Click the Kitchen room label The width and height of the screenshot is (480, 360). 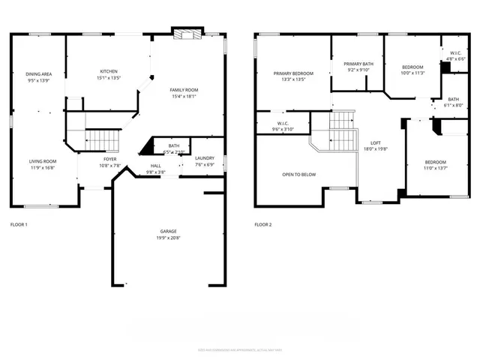click(x=109, y=72)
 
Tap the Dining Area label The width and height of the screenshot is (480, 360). click(x=38, y=74)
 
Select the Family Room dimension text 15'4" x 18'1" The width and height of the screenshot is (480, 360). click(x=182, y=95)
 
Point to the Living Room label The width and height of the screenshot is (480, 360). click(x=43, y=160)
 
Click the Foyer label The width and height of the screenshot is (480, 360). click(x=109, y=160)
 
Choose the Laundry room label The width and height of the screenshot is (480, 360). click(x=205, y=158)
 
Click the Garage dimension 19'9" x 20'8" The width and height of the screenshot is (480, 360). click(x=168, y=238)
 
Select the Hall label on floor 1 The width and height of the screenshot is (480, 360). click(x=155, y=166)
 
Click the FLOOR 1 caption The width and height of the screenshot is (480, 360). click(x=19, y=224)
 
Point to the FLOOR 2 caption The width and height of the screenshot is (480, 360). click(x=263, y=224)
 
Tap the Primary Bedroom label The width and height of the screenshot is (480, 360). click(x=293, y=73)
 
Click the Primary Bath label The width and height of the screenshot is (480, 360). click(x=358, y=64)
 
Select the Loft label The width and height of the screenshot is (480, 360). click(x=376, y=142)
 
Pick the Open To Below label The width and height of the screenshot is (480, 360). click(x=298, y=174)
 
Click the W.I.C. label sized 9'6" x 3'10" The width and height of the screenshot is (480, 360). click(x=283, y=124)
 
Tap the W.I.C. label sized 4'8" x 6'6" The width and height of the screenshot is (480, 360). click(x=455, y=52)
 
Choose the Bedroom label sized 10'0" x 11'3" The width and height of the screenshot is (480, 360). click(x=412, y=67)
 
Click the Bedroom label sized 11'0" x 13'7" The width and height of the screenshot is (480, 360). click(x=436, y=163)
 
